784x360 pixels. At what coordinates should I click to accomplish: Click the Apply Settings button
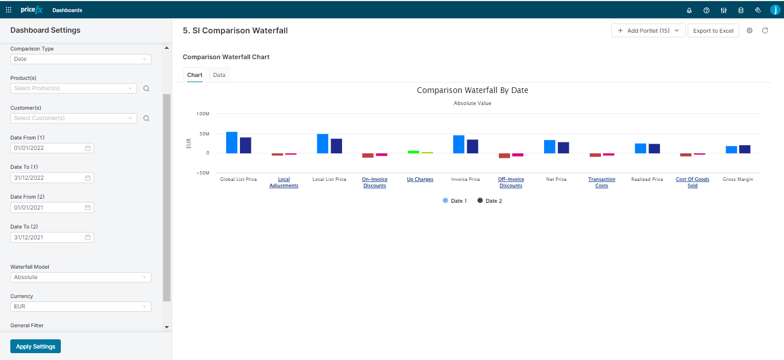[36, 346]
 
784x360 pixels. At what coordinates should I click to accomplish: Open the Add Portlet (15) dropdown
[648, 31]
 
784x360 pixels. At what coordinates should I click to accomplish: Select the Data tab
[219, 75]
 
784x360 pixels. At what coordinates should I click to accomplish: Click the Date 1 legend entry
[455, 201]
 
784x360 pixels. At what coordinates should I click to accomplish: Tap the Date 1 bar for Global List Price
[231, 142]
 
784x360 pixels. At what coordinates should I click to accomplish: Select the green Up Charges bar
[413, 152]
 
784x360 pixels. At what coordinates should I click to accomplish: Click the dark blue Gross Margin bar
[744, 149]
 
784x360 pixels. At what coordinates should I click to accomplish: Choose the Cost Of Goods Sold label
[692, 183]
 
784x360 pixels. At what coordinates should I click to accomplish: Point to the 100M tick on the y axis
[203, 114]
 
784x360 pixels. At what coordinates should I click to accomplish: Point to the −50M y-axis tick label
[201, 173]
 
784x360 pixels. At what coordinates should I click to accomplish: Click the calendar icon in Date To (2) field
[88, 237]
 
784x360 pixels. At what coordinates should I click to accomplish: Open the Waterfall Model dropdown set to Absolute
[80, 277]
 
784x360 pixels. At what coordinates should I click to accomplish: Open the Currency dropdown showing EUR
[80, 307]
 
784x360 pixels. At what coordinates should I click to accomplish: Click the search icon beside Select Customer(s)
[146, 118]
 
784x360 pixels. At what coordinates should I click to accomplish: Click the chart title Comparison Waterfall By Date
[472, 91]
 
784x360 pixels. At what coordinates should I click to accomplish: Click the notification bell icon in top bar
[689, 10]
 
